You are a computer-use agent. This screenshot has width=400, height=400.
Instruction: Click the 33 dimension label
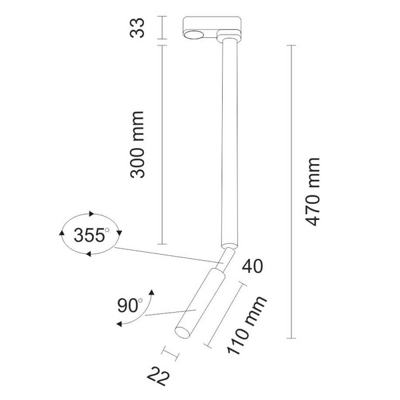[x=139, y=29]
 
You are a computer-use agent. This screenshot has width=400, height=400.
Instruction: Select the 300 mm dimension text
[x=139, y=145]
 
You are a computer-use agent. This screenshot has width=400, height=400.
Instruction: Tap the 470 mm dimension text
[x=312, y=193]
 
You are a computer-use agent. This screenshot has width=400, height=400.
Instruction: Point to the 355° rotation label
[x=90, y=235]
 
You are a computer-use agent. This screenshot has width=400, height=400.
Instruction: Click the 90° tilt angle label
[x=130, y=306]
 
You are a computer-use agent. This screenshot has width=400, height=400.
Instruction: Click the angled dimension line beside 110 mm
[x=226, y=313]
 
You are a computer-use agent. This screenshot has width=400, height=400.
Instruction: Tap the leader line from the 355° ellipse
[x=167, y=254]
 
